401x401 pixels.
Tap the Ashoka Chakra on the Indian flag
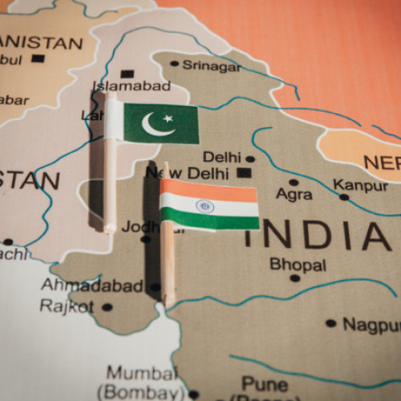pos(205,205)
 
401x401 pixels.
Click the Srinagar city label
pos(211,65)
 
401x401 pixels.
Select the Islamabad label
pos(132,85)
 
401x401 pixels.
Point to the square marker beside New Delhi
pos(244,172)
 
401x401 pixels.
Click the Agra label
pos(294,193)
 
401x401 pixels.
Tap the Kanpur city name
pos(360,185)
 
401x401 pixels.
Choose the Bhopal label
pos(298,264)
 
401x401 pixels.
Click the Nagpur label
pos(371,324)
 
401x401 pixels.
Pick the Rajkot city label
pos(67,306)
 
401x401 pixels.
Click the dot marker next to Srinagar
pos(175,64)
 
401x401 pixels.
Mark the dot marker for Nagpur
pos(330,323)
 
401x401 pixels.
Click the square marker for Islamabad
pos(126,73)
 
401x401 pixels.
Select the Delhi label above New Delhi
pos(221,157)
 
